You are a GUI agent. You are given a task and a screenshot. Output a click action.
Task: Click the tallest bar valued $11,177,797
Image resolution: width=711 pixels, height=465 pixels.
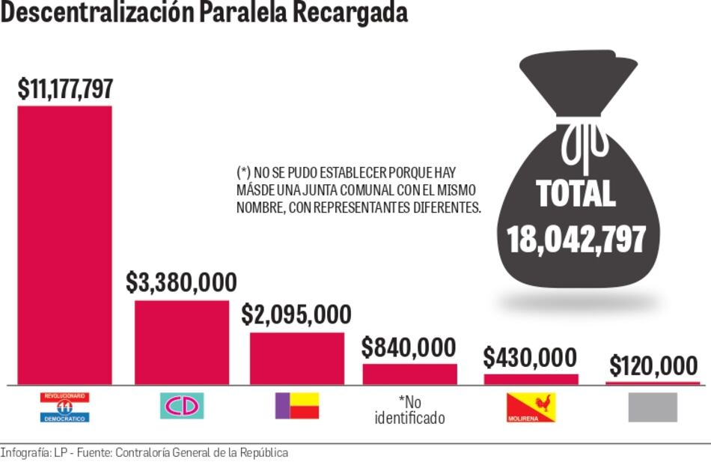(64, 245)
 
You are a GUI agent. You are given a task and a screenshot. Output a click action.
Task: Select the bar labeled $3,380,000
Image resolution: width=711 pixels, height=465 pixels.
(182, 342)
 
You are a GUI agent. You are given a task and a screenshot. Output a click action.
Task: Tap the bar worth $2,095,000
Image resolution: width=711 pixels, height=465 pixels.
(297, 358)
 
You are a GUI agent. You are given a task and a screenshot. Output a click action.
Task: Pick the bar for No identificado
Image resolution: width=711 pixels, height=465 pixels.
(409, 374)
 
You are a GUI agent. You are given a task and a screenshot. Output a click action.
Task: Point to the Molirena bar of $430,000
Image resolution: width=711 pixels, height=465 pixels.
(531, 379)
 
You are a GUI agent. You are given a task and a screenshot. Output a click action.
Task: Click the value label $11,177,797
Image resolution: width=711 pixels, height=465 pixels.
(65, 89)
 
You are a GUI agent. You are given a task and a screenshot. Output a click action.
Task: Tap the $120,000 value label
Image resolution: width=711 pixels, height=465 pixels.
(653, 366)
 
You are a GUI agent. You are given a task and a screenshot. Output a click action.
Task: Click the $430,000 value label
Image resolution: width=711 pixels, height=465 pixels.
(530, 357)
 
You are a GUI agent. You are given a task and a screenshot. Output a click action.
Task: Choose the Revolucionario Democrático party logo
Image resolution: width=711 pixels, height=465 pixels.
(64, 407)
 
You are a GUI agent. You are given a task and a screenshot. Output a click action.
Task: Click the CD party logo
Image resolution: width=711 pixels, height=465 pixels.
(182, 406)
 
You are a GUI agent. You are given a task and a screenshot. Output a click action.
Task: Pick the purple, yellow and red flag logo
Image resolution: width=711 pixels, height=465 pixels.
(296, 405)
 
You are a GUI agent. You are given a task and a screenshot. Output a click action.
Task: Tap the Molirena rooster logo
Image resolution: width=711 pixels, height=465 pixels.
(531, 407)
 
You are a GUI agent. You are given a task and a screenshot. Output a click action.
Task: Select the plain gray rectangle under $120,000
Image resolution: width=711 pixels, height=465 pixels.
(653, 407)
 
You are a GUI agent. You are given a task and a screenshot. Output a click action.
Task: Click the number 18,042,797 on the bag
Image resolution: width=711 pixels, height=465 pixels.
(576, 238)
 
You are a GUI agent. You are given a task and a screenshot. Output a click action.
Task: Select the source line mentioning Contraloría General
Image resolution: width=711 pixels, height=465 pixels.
(144, 453)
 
